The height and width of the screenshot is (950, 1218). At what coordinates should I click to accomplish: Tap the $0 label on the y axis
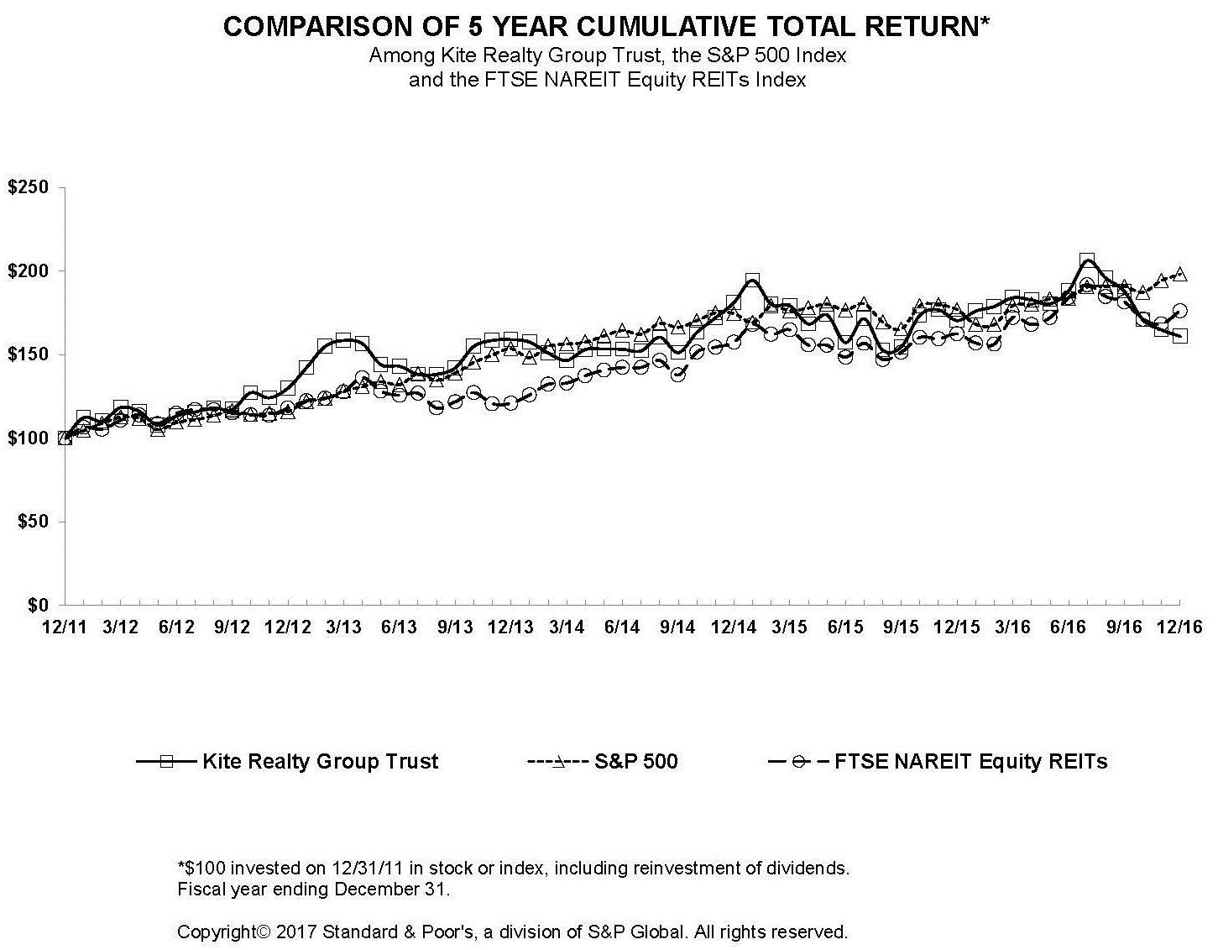(x=39, y=605)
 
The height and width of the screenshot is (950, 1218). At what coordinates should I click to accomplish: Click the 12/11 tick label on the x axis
(x=65, y=627)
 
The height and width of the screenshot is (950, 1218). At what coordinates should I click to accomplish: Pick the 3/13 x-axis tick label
(x=343, y=627)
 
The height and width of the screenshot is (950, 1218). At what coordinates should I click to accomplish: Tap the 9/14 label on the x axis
(x=677, y=627)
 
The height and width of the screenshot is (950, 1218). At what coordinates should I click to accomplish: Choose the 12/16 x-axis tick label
(x=1179, y=627)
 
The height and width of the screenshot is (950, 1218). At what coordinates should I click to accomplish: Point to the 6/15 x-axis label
(x=845, y=627)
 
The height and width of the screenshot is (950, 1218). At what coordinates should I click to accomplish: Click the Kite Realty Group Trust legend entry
(x=320, y=762)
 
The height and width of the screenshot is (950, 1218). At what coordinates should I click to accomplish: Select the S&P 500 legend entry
(x=635, y=762)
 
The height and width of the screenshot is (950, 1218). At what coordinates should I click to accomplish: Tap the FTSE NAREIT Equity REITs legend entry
(x=970, y=762)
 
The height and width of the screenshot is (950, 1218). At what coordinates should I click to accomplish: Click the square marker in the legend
(x=167, y=762)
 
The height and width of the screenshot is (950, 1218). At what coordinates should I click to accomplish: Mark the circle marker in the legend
(x=801, y=762)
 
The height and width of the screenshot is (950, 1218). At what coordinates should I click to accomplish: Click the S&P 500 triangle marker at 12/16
(x=1179, y=274)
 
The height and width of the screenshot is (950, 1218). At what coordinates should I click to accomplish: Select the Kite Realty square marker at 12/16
(x=1179, y=336)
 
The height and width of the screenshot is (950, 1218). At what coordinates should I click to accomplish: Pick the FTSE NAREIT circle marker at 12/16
(x=1179, y=311)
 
